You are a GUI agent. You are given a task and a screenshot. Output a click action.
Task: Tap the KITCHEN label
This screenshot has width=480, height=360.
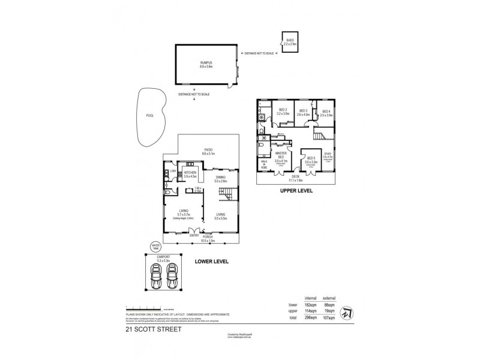pos(190,174)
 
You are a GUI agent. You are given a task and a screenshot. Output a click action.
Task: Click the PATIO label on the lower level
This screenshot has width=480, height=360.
pos(209,150)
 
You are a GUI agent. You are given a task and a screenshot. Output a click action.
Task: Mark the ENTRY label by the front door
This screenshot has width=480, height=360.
pos(194,235)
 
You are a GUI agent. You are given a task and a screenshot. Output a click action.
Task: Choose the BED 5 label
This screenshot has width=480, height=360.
pos(310,158)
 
